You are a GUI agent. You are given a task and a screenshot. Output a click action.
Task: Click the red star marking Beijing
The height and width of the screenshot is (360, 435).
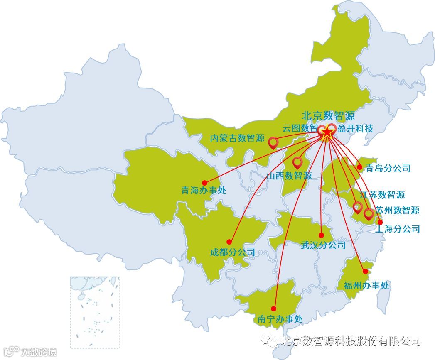pos(327,132)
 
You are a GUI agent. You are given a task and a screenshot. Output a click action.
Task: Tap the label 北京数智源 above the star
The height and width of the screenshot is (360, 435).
pos(328,115)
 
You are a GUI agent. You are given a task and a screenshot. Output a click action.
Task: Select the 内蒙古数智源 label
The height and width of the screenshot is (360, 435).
pos(237,138)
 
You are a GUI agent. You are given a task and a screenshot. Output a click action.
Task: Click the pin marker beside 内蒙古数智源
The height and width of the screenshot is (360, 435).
pos(273,143)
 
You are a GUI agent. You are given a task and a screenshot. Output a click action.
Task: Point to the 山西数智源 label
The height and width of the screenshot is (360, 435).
pos(289,176)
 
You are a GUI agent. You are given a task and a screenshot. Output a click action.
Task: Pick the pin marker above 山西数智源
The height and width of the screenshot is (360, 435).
pos(297,162)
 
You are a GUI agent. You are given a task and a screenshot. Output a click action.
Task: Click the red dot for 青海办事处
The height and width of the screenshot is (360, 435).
pos(204,183)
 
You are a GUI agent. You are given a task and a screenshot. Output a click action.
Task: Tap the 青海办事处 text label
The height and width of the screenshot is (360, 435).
pos(204,191)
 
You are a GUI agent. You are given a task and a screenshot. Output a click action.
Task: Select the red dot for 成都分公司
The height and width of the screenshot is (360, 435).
pos(229,242)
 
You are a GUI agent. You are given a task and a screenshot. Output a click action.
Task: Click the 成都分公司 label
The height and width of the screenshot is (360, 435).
pos(232,252)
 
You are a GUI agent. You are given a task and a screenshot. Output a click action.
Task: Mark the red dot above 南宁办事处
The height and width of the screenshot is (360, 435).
pos(273,309)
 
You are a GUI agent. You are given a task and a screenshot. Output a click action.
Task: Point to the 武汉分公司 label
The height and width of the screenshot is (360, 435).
pos(323,245)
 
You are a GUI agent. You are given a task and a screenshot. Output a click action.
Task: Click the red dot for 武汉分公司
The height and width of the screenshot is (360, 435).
pos(321,235)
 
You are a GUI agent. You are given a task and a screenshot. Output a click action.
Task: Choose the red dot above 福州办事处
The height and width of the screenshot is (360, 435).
pos(365,271)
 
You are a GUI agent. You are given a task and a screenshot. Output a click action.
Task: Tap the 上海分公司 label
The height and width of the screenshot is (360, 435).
pos(398,229)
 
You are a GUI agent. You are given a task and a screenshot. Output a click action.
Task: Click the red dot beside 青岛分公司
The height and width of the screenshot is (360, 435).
pos(359,167)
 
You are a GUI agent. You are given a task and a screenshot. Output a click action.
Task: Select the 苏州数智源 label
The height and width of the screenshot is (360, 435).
pos(398,210)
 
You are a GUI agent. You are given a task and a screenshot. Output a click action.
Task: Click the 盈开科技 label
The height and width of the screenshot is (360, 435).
pos(355,128)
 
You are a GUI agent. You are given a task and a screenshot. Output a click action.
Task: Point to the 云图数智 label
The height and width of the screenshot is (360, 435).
pos(300,128)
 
